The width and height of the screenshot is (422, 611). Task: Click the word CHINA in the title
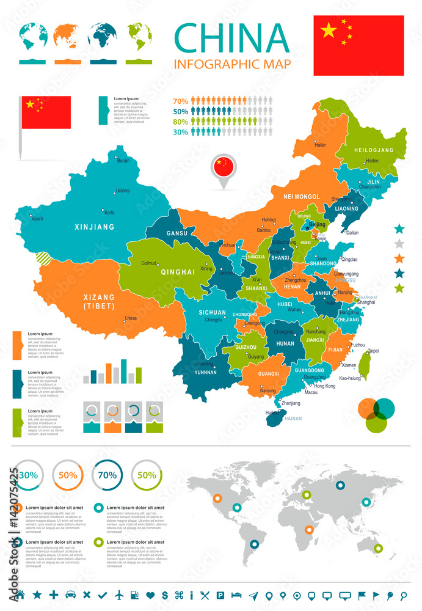(231, 38)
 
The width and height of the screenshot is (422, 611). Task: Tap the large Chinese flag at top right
(358, 45)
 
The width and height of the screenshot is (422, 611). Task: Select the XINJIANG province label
(94, 227)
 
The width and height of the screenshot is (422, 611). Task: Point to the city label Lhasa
(130, 318)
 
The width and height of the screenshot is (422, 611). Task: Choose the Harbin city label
(371, 161)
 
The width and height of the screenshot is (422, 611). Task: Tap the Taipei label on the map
(373, 351)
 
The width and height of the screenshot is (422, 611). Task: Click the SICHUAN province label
(212, 312)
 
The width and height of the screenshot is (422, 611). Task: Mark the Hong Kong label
(324, 386)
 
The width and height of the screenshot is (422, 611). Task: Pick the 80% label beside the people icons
(180, 121)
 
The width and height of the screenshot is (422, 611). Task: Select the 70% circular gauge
(107, 475)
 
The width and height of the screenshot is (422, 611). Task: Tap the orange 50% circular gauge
(67, 475)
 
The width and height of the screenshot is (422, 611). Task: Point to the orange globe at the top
(67, 36)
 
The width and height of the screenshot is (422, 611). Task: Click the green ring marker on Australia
(378, 548)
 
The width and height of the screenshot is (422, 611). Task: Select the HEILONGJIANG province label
(373, 149)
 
